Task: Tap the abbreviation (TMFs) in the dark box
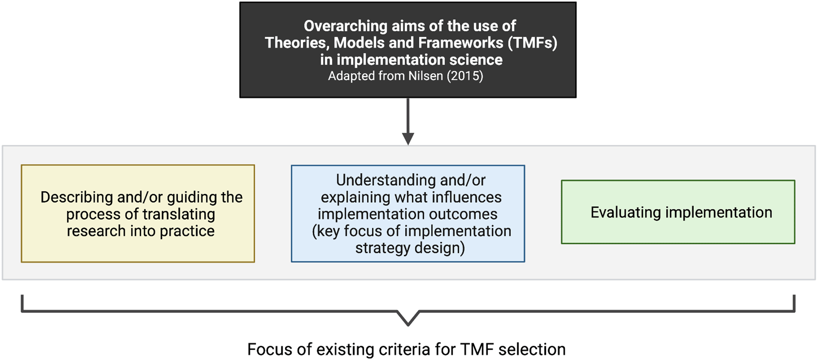pyautogui.click(x=532, y=43)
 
